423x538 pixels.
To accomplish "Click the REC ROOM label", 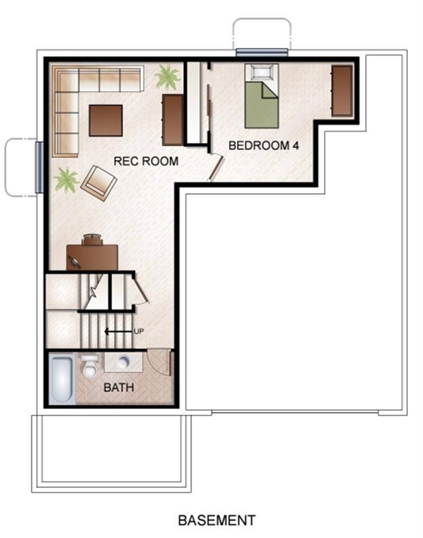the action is pyautogui.click(x=146, y=161).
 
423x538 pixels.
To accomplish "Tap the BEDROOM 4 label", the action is pyautogui.click(x=263, y=146).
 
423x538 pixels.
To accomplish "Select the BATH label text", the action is pyautogui.click(x=119, y=388).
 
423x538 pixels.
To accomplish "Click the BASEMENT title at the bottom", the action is pyautogui.click(x=217, y=521).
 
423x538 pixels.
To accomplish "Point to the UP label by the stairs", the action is pyautogui.click(x=138, y=331).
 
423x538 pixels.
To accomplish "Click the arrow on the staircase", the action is pyautogui.click(x=118, y=331).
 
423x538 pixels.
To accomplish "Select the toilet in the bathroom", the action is pyautogui.click(x=90, y=367).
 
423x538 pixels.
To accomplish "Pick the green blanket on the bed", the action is pyautogui.click(x=261, y=105).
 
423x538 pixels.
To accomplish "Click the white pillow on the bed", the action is pyautogui.click(x=262, y=72).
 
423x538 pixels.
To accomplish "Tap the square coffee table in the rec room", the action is pyautogui.click(x=106, y=120).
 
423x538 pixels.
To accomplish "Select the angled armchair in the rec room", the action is pyautogui.click(x=99, y=183).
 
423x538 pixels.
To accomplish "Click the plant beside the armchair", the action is pyautogui.click(x=66, y=179).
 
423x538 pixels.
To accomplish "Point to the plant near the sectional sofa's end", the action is pyautogui.click(x=167, y=77).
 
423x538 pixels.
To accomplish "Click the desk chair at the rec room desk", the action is pyautogui.click(x=92, y=239).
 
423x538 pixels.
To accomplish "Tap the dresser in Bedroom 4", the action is pyautogui.click(x=342, y=91).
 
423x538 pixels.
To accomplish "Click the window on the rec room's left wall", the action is pyautogui.click(x=39, y=168).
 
